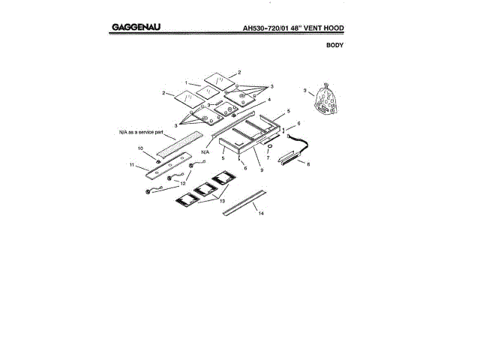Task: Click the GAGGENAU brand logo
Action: (139, 28)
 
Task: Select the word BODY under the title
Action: (334, 46)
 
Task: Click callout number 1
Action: (187, 82)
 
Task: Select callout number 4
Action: (268, 100)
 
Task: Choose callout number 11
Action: (131, 164)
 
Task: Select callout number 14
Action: (261, 214)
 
